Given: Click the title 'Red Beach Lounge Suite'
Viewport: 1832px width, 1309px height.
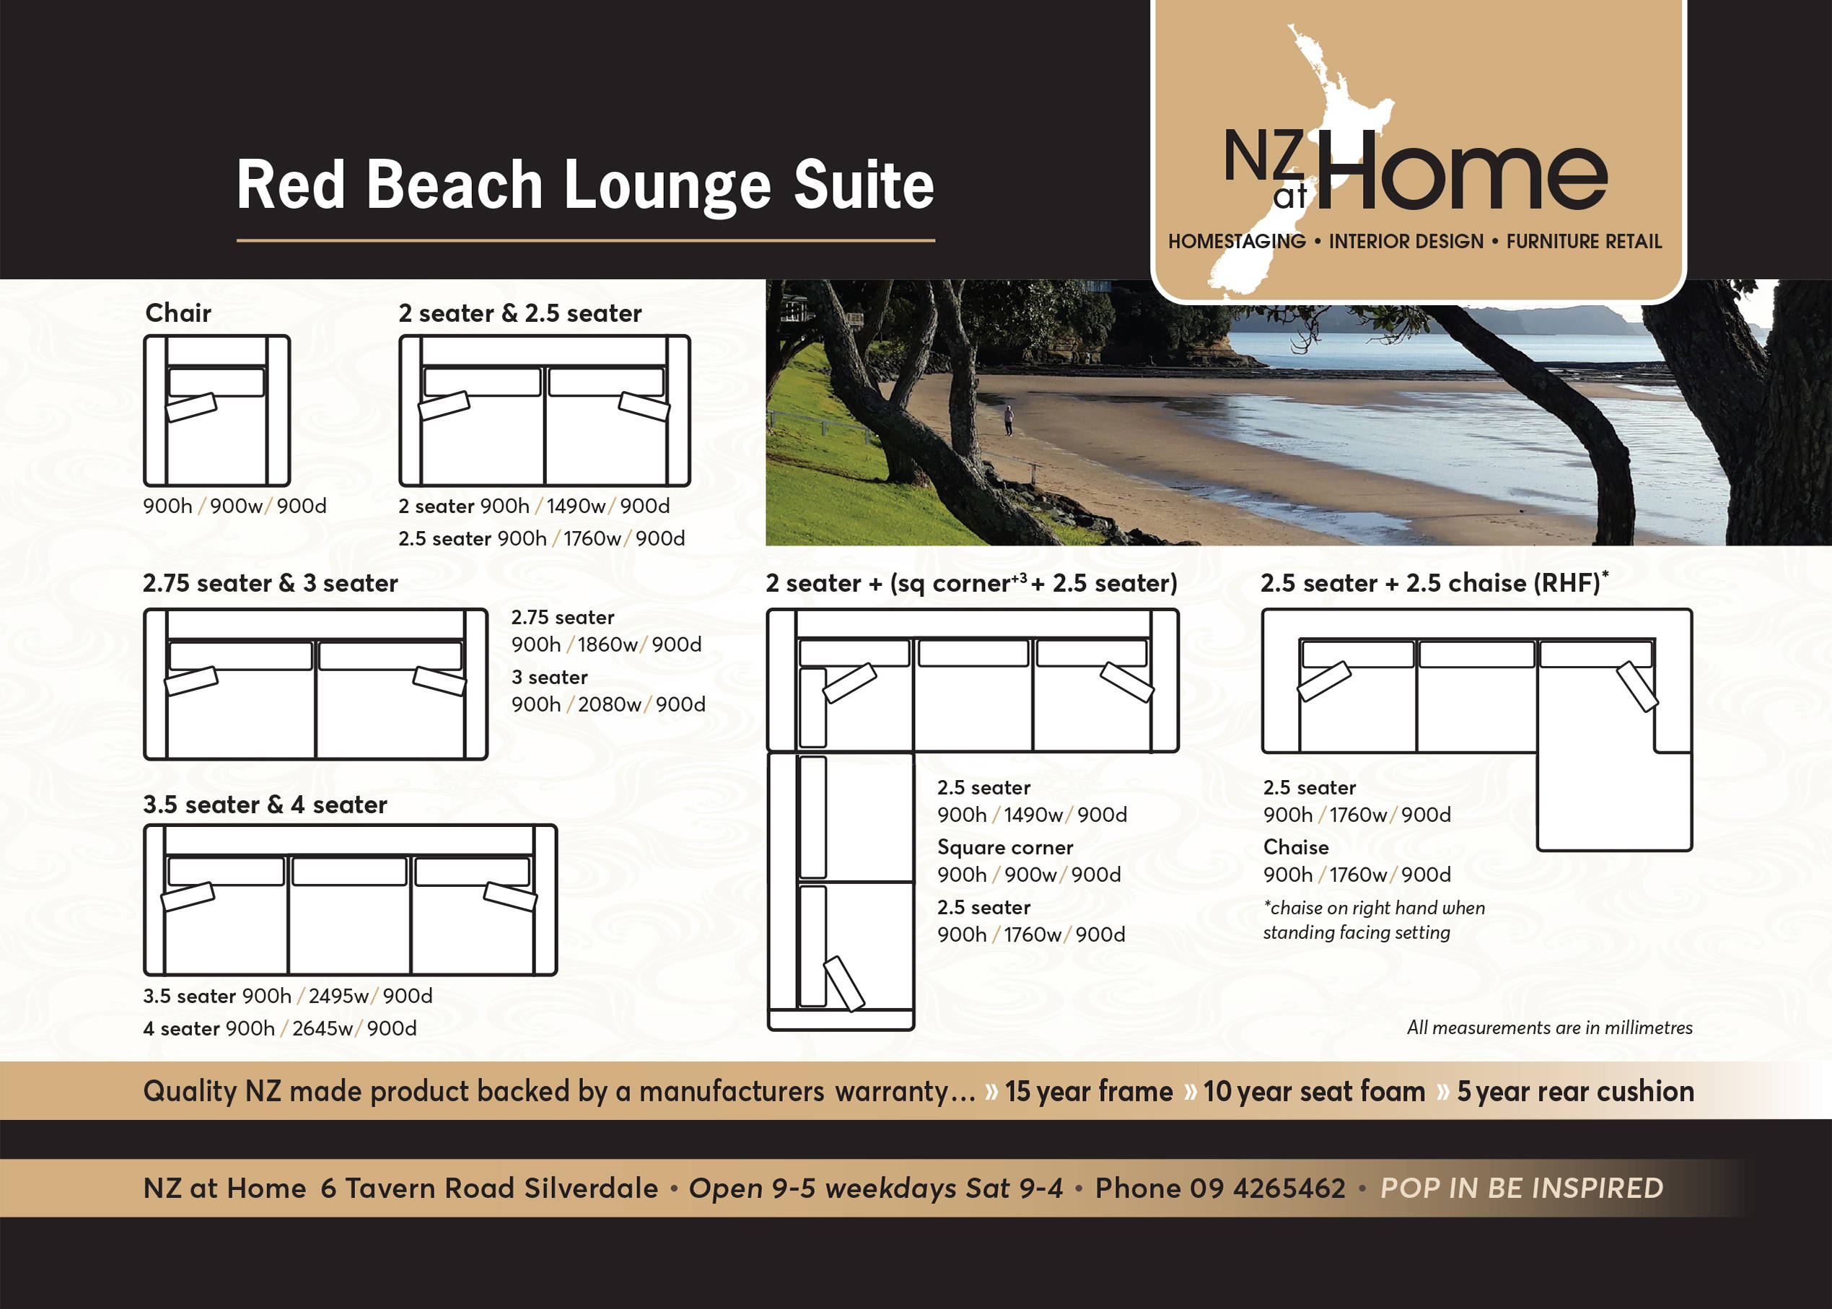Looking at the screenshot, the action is pos(585,186).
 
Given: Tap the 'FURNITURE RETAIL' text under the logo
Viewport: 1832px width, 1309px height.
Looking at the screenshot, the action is pos(1584,242).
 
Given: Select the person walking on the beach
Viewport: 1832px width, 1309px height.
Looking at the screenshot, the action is pos(1008,420).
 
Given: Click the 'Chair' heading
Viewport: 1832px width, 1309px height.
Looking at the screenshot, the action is pos(178,312).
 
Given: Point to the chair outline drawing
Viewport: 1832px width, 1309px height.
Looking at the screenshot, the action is pos(216,411).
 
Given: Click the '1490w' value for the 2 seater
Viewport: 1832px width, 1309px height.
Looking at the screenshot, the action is pos(576,506).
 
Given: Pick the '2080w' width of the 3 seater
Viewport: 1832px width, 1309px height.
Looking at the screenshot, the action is pos(609,704).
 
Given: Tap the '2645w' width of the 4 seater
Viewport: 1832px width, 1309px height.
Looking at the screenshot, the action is pos(323,1028).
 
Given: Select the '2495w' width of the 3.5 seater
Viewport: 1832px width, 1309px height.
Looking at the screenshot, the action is pos(338,997).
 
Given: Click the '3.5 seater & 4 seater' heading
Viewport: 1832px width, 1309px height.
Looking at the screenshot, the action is pos(266,805).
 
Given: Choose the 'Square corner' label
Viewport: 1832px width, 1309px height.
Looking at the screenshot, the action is pos(1005,848).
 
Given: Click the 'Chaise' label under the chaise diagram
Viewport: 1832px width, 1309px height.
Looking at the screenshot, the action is pos(1296,847).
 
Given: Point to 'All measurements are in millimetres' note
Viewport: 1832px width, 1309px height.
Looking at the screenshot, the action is pos(1549,1028).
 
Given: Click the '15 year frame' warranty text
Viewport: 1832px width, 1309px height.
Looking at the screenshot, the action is pos(1089,1091).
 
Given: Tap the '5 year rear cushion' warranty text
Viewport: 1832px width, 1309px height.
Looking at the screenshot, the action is pos(1575,1091).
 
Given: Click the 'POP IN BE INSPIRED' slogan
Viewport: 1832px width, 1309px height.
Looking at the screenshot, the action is pos(1522,1188).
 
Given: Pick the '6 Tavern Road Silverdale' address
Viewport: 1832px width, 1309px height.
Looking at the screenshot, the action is pos(489,1188).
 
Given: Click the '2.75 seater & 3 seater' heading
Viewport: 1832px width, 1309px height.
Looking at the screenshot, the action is pos(270,583).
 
